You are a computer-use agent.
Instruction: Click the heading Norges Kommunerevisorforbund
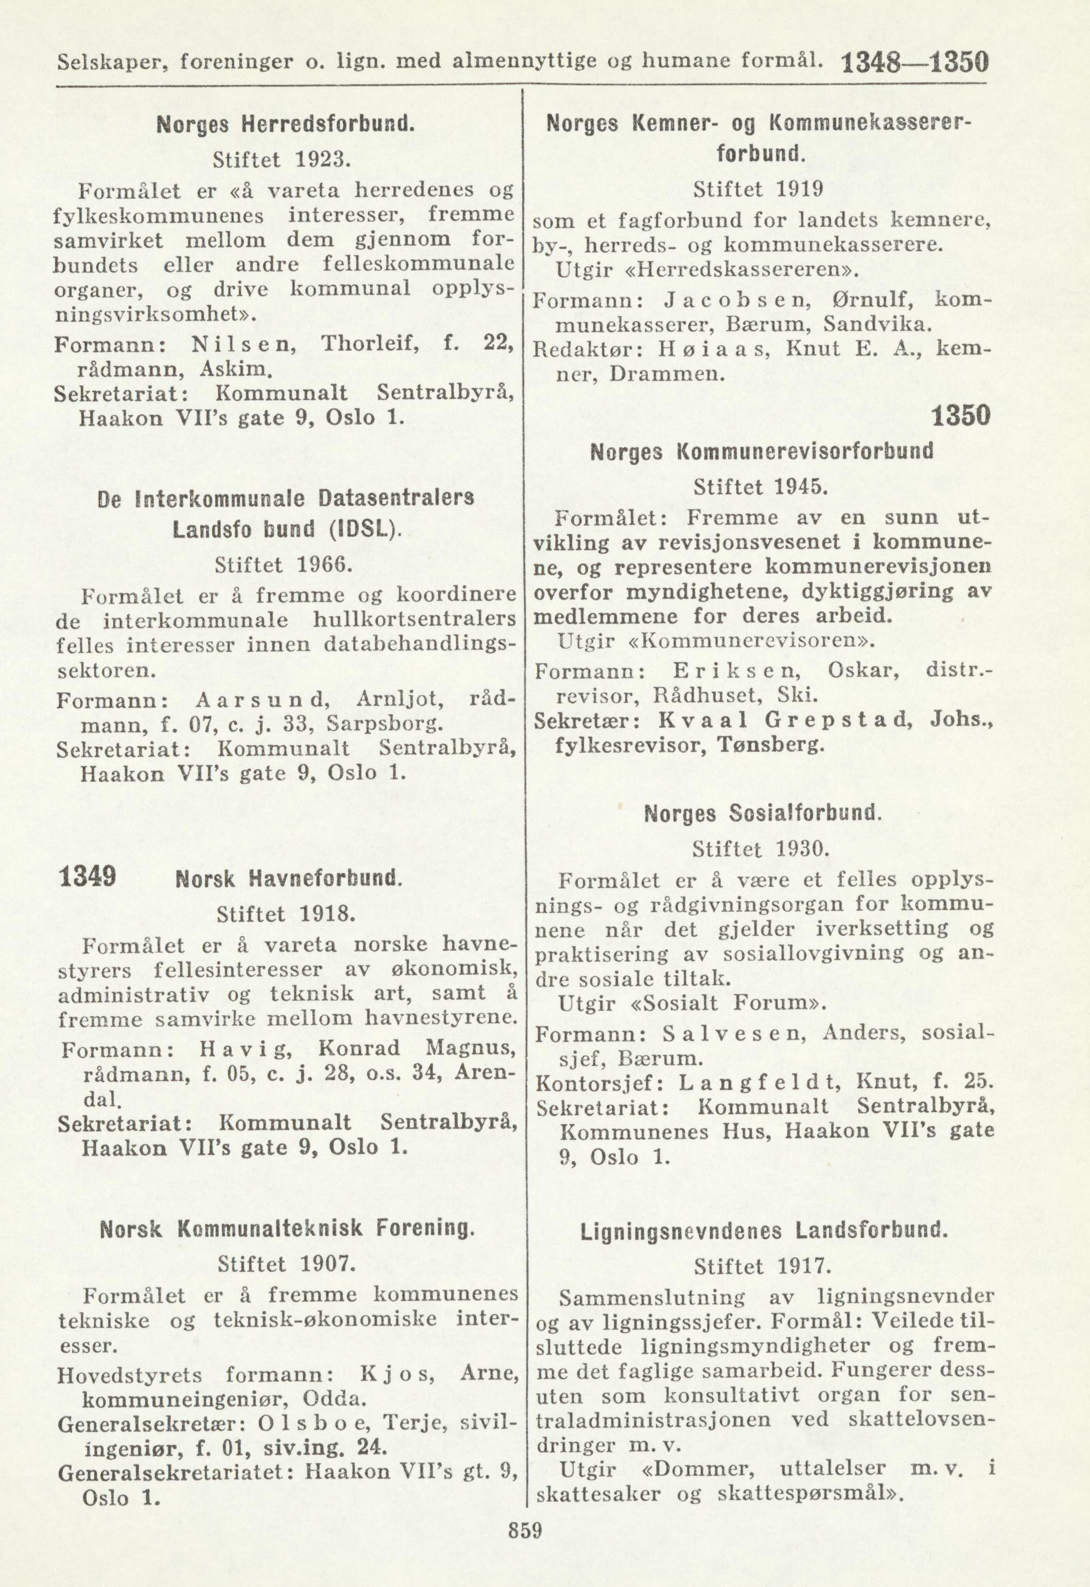pyautogui.click(x=762, y=452)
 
